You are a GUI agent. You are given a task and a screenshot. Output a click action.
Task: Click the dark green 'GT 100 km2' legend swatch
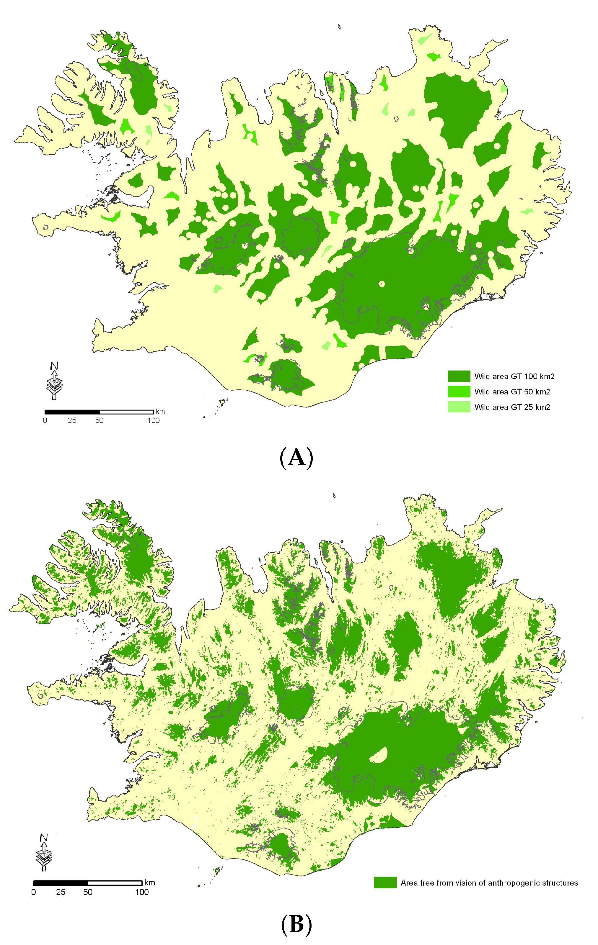tap(459, 376)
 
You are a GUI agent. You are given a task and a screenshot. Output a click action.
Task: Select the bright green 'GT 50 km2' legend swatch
tap(459, 391)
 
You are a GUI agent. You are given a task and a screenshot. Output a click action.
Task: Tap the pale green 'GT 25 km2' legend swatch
tap(459, 407)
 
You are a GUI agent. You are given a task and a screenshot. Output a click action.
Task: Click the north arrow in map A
tap(54, 381)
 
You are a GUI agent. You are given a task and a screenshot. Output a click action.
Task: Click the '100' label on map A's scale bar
tap(153, 420)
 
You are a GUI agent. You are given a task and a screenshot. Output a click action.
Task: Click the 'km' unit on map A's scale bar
tap(160, 412)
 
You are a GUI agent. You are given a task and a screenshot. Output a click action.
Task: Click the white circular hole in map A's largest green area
tap(382, 284)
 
